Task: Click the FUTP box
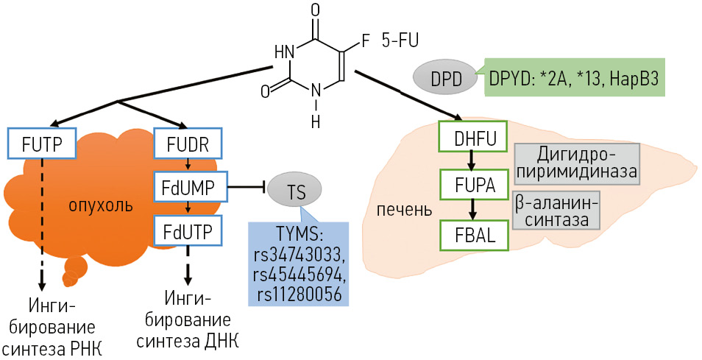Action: coord(41,142)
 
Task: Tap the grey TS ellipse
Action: coord(297,191)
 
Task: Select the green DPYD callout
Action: coord(573,77)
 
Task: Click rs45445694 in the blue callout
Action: coord(297,274)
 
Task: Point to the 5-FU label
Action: coord(400,41)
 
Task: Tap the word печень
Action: coord(403,210)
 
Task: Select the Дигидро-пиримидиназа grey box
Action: coord(576,164)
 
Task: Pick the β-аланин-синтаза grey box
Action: coord(556,211)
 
